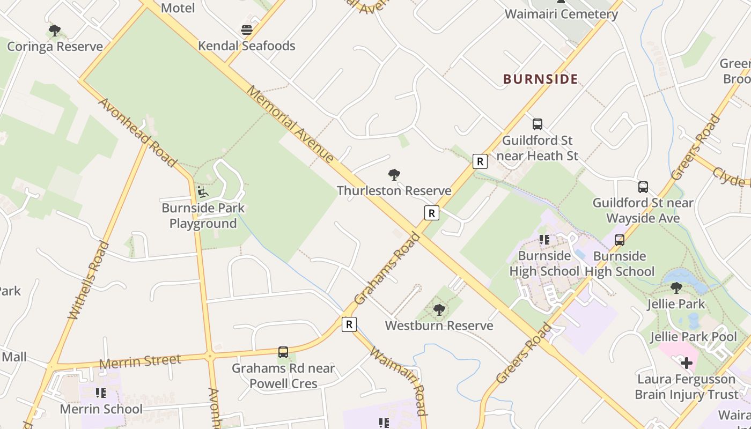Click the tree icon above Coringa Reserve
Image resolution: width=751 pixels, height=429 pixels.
54,31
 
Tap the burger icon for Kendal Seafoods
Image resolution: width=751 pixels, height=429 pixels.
247,30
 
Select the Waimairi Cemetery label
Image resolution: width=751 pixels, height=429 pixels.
561,14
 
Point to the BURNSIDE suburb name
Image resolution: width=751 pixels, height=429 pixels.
540,79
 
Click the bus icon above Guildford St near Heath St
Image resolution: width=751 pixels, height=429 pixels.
537,124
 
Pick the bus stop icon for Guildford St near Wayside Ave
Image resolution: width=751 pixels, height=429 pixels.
643,187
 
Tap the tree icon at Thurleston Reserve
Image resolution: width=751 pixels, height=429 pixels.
394,175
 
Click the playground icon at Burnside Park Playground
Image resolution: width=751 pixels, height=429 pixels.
203,192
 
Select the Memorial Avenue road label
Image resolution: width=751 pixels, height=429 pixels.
290,123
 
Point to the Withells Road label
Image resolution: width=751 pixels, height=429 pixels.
89,280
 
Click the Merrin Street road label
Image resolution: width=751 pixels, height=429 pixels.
140,361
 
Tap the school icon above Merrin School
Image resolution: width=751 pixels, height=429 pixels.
100,394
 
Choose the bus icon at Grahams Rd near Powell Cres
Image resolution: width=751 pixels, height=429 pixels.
283,352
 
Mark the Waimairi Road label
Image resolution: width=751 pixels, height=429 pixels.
399,381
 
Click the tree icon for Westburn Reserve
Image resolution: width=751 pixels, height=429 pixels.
439,310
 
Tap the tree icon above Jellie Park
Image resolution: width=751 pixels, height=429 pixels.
676,288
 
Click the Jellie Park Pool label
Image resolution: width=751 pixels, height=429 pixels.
693,337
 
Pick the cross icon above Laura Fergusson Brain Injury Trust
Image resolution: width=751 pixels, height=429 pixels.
686,364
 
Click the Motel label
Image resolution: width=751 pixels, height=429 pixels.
178,8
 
